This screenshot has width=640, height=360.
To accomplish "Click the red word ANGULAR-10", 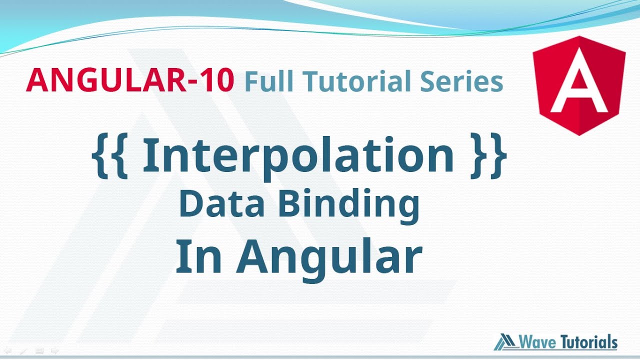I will [x=130, y=81].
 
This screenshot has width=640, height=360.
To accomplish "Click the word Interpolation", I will [x=298, y=155].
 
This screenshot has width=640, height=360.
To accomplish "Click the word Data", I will [x=223, y=205].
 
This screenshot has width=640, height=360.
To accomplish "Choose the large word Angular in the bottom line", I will [x=329, y=258].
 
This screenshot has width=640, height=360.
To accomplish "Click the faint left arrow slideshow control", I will [x=7, y=351].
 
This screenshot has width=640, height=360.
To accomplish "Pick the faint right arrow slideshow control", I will [x=55, y=351].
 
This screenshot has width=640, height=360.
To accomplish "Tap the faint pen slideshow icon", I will [x=23, y=351].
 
